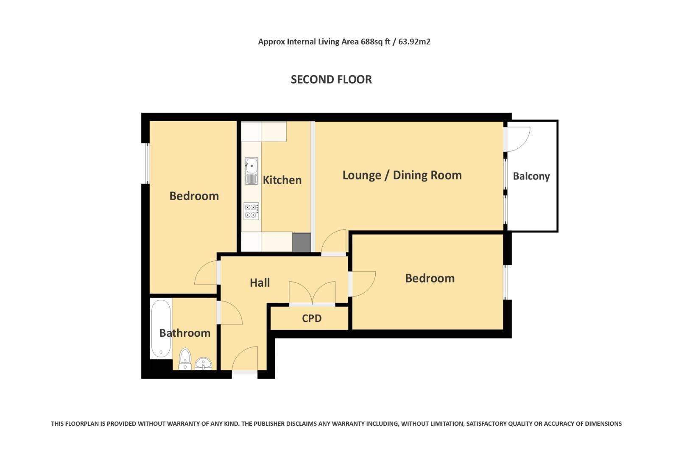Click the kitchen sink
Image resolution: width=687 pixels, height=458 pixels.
251,171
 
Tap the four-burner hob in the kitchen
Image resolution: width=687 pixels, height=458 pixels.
251,211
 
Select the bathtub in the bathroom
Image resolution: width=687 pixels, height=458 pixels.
161,328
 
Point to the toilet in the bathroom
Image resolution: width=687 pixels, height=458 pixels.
185,359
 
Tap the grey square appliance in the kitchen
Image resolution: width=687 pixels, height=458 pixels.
302,242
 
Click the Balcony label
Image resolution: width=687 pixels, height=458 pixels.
531,176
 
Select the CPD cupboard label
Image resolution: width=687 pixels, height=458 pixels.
312,318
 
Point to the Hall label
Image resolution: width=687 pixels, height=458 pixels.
260,282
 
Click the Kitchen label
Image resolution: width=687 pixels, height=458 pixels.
282,180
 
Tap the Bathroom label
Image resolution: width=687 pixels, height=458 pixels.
184,333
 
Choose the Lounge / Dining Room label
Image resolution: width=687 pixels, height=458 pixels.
402,175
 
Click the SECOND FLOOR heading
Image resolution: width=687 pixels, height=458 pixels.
331,79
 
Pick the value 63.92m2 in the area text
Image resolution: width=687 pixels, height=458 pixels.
414,42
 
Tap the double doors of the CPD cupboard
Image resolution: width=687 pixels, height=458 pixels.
312,293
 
